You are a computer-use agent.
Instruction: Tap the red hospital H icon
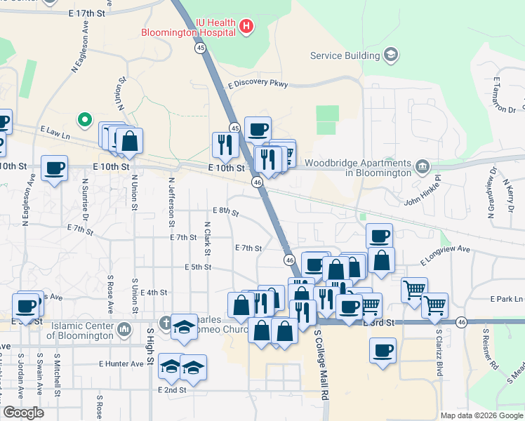click(246, 27)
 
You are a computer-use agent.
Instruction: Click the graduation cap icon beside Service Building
click(390, 55)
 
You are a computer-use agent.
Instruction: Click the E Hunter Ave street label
click(121, 363)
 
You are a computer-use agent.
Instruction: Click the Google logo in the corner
click(23, 413)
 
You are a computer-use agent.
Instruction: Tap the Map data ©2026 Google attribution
click(481, 415)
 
